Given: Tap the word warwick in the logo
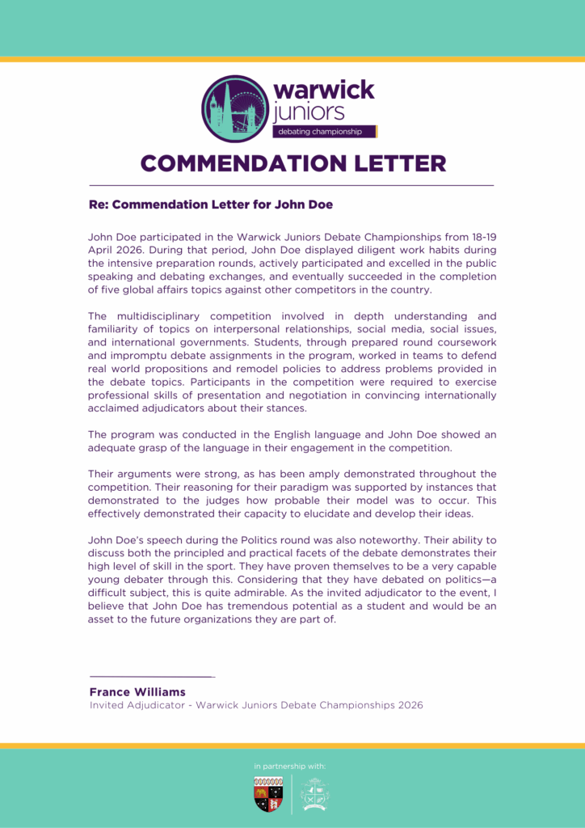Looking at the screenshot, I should click(324, 90).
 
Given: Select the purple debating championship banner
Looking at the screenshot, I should click(326, 131).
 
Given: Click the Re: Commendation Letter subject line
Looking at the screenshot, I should click(210, 205).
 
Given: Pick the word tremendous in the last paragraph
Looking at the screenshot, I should click(244, 606).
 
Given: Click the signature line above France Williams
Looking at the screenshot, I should click(152, 676).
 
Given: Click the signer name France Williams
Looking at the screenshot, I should click(137, 692).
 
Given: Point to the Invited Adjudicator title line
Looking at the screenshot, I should click(255, 705).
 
